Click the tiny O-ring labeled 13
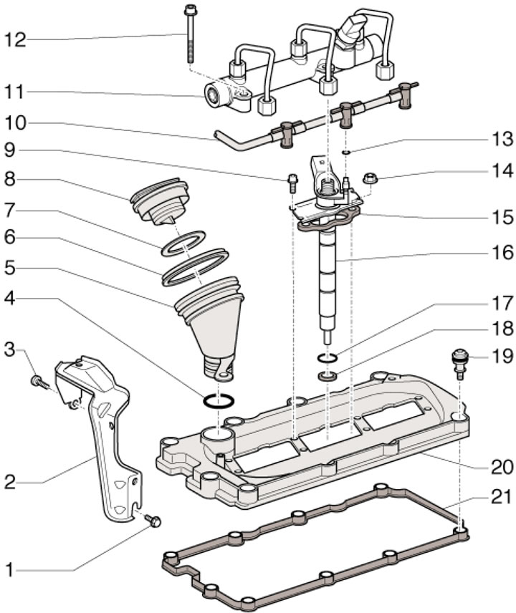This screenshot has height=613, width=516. coord(346,153)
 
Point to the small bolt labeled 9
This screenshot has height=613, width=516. coord(292,181)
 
